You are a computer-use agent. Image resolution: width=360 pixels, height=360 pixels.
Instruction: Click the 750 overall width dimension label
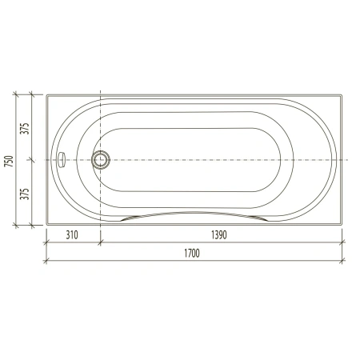coord(9,161)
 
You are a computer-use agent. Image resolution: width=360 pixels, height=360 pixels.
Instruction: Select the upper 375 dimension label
coord(25,129)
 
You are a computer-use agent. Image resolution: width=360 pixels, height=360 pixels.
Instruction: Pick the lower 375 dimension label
coord(25,194)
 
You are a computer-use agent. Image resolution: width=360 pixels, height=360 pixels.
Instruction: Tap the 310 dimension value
coord(72,235)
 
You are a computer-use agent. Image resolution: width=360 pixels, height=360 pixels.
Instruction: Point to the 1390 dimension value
coord(219,235)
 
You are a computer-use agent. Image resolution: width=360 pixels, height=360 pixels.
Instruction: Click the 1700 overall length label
coord(192,253)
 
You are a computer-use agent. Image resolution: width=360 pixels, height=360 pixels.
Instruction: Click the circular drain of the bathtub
coord(101,160)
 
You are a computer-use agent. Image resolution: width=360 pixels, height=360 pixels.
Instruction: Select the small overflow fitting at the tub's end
coord(62,160)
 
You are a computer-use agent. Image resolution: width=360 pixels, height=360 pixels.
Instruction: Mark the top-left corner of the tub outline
coord(46,94)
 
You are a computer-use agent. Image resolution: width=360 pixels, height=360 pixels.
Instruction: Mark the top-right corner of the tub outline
coord(342,94)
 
